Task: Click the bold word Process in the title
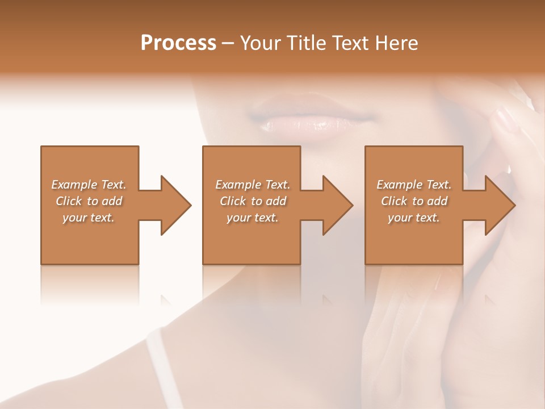pos(178,43)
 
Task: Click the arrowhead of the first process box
pos(176,205)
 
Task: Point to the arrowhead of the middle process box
pos(338,205)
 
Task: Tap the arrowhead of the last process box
pos(500,205)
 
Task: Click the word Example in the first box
pos(74,185)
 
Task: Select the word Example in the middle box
pos(238,185)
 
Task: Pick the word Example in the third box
pos(399,185)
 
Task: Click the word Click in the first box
pos(69,201)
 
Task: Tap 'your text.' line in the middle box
pos(252,218)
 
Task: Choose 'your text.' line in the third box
pos(413,218)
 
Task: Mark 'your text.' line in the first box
pos(88,218)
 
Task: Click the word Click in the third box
pos(395,201)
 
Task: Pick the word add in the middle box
pos(276,201)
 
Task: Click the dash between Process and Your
pos(228,43)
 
